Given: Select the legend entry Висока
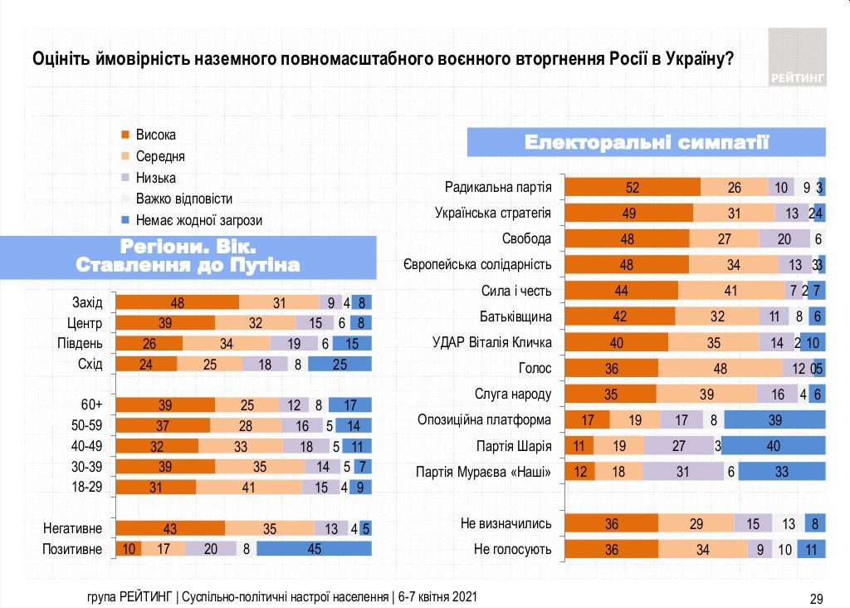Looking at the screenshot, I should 156,135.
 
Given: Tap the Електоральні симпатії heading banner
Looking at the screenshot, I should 647,142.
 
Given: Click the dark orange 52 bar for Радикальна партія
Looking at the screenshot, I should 633,188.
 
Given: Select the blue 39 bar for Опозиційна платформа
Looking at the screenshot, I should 774,420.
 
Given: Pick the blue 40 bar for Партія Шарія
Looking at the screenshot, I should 774,446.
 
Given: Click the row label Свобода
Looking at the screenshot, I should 526,239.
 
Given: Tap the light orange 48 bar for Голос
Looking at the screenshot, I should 720,369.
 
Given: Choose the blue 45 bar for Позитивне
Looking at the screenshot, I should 314,549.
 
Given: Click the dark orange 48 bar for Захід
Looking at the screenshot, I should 177,303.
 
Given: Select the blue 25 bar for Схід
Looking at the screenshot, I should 340,363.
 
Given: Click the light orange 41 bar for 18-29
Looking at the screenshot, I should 248,488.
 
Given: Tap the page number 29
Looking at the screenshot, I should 815,599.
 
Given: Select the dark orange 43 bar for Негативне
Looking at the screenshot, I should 170,528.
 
